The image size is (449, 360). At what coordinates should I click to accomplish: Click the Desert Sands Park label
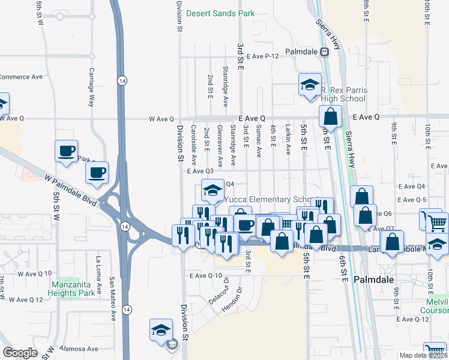pyautogui.click(x=220, y=13)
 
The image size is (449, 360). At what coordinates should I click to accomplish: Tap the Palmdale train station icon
pyautogui.click(x=324, y=52)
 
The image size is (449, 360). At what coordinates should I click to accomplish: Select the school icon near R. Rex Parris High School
pyautogui.click(x=310, y=85)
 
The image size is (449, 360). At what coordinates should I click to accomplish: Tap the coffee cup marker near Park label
pyautogui.click(x=66, y=151)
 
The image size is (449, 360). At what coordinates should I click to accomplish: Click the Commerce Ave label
pyautogui.click(x=22, y=77)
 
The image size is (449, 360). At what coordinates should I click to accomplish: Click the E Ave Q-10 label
pyautogui.click(x=206, y=276)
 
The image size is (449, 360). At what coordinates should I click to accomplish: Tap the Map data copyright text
pyautogui.click(x=423, y=355)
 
